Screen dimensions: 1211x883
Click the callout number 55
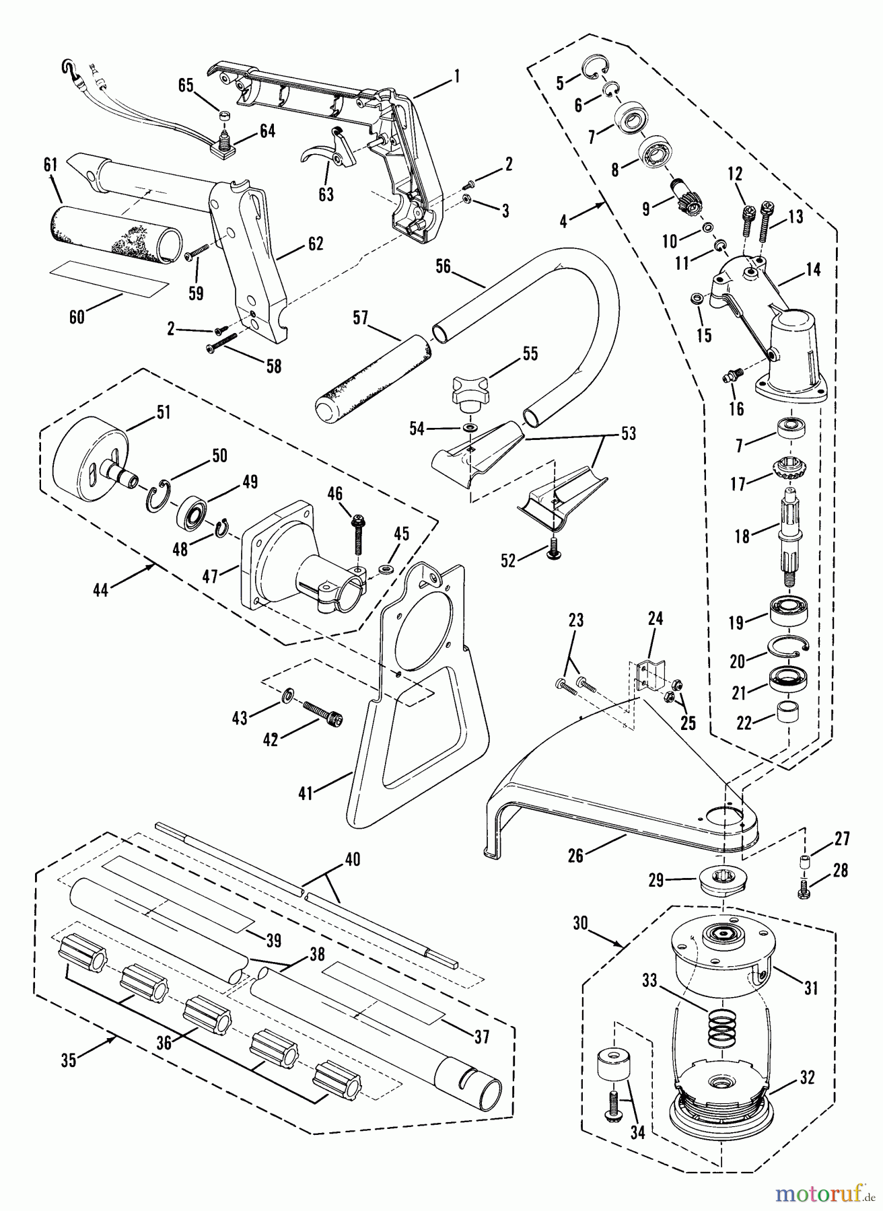530,354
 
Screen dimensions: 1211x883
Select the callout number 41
306,794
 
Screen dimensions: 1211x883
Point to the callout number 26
576,856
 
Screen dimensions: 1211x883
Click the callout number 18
742,536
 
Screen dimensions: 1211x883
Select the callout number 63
326,195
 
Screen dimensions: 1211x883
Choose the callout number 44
102,590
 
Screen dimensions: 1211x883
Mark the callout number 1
457,77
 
